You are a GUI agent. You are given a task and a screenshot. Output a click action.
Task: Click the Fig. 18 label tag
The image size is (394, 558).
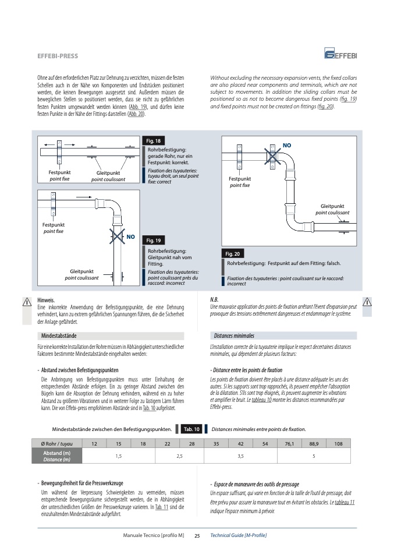click(x=153, y=141)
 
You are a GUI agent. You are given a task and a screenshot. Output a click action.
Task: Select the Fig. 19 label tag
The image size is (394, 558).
click(x=154, y=240)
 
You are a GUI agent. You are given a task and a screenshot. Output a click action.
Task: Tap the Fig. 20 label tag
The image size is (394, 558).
click(x=232, y=253)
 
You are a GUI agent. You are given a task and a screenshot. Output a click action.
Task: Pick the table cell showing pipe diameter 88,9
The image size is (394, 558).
click(x=314, y=444)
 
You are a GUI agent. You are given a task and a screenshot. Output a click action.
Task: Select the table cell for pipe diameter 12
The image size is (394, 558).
click(x=94, y=444)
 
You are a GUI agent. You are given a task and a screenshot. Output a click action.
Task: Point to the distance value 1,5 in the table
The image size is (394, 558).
click(x=118, y=456)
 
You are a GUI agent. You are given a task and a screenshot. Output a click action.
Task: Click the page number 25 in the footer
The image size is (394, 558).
click(x=197, y=535)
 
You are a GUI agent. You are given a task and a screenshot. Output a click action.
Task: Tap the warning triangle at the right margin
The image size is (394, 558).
click(x=367, y=302)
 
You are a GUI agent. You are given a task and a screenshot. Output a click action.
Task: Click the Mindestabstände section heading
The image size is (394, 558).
click(x=59, y=335)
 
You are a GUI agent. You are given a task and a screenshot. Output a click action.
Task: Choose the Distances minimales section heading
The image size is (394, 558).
click(x=234, y=335)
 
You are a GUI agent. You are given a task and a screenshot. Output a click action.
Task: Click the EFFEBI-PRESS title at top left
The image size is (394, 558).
click(x=58, y=56)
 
